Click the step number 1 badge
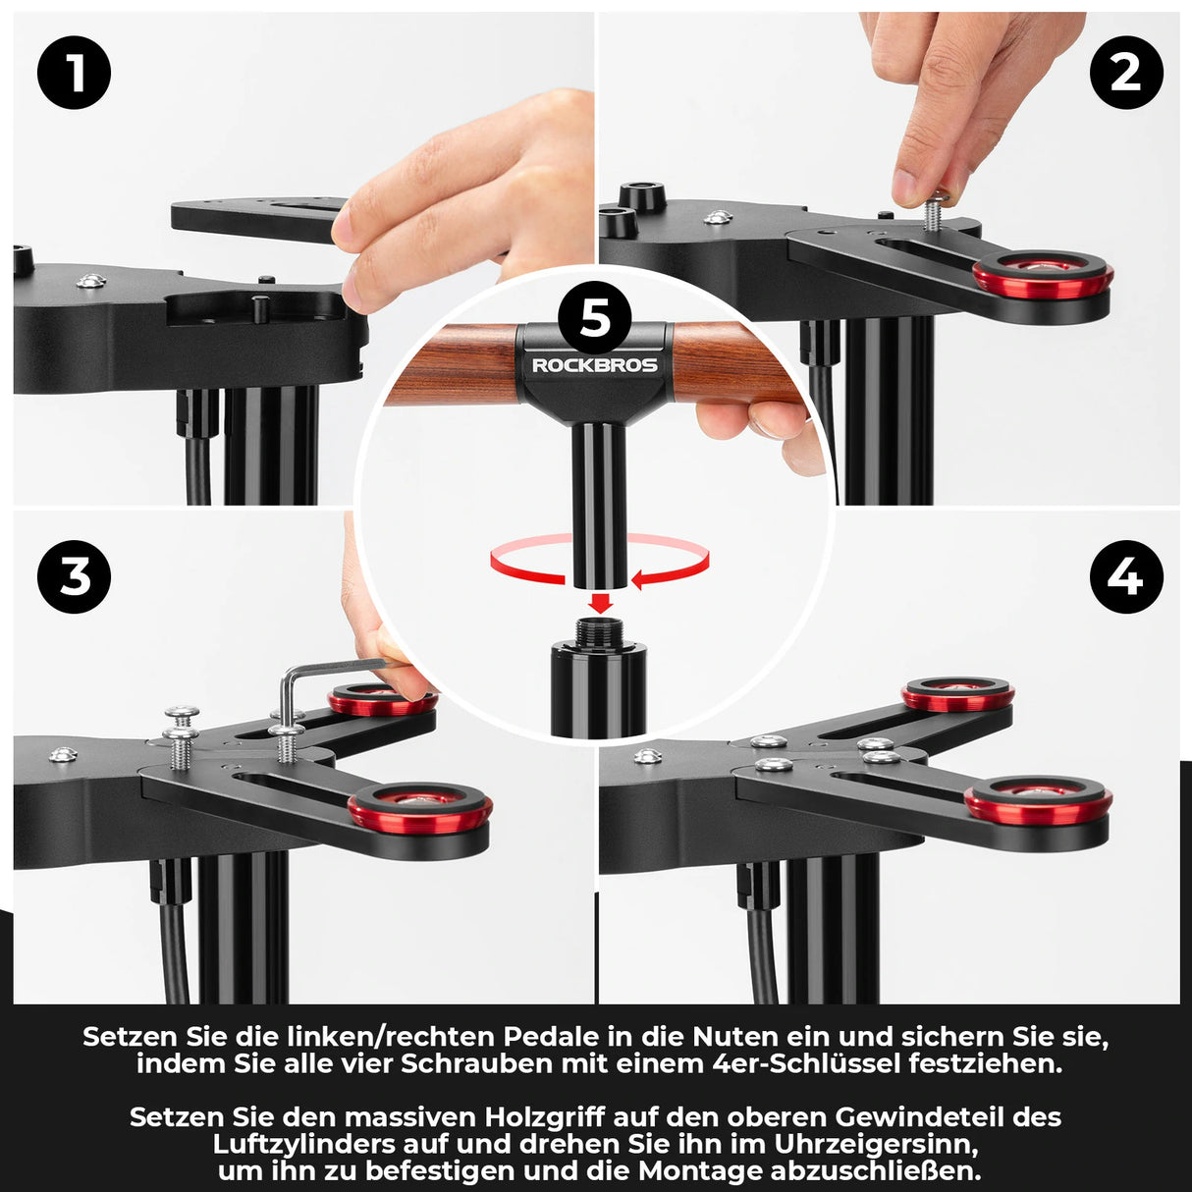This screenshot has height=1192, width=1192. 75,73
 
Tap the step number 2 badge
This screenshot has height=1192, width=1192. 1126,73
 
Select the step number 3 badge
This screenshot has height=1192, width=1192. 75,576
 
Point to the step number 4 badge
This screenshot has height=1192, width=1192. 1126,576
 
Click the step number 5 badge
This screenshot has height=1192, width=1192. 595,318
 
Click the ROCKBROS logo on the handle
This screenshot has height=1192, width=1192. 595,365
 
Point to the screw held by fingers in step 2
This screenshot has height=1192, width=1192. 934,213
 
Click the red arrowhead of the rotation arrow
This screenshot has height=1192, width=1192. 640,580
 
